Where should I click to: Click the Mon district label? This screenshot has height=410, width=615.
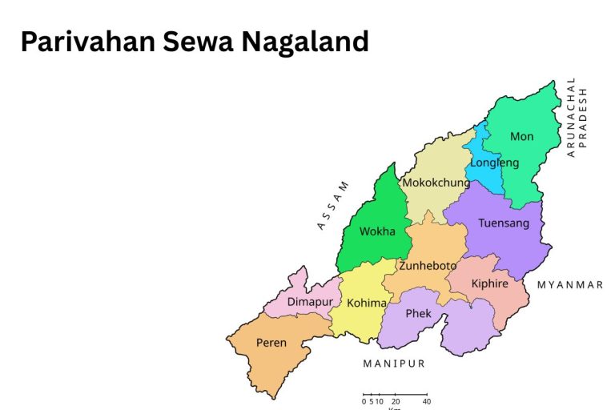coord(521,136)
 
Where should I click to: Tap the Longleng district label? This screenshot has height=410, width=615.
coord(494,163)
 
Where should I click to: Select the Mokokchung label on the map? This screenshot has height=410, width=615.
coord(436,183)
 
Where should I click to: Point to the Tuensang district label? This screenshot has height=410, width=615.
coord(504,223)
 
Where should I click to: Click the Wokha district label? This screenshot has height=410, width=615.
coord(377,231)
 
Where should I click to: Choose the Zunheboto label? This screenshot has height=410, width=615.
coord(428,266)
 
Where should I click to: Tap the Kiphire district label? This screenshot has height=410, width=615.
coord(489,284)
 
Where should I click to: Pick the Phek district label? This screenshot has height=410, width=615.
coord(418,313)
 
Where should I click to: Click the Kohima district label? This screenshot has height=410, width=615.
coord(367,303)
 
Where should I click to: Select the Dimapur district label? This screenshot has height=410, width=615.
coord(310,302)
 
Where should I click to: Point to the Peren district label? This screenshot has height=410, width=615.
coord(271,343)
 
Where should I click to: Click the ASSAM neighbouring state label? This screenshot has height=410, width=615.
coord(333,206)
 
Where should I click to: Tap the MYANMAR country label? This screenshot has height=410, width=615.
coord(570,285)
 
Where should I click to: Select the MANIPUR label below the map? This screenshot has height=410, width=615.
coord(394,364)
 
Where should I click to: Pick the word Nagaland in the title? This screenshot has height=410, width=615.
coord(306,41)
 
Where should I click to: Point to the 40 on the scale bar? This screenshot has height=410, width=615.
coord(426,401)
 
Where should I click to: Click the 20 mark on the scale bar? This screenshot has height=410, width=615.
coord(396,401)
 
